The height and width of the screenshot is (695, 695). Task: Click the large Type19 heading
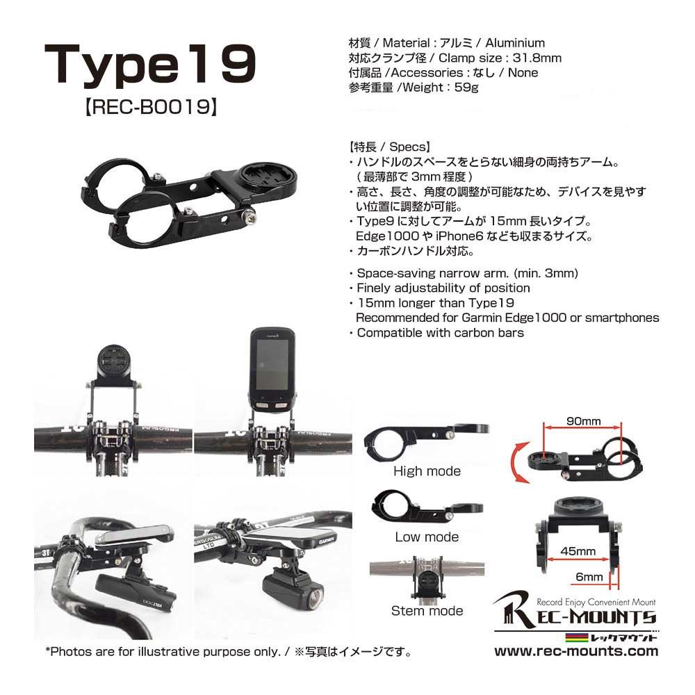click(x=150, y=64)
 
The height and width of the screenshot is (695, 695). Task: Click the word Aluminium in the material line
click(x=515, y=43)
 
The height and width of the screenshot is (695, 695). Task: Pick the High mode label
click(x=427, y=471)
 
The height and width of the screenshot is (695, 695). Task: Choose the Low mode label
click(x=427, y=537)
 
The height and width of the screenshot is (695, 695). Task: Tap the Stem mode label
click(x=427, y=611)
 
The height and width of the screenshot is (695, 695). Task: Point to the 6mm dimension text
click(x=589, y=577)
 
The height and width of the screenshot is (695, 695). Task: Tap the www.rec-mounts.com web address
click(x=575, y=651)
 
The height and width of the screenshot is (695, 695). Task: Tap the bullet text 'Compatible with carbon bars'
click(x=440, y=333)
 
